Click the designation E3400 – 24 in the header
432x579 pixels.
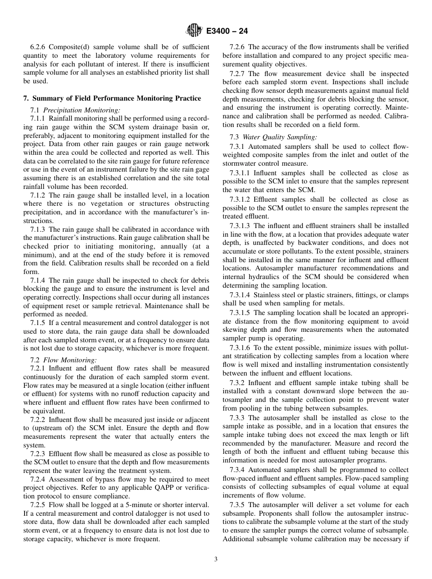pyautogui.click(x=226, y=31)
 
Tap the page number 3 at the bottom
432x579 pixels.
pyautogui.click(x=216, y=559)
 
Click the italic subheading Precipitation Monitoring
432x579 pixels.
pyautogui.click(x=82, y=110)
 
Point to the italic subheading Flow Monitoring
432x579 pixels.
pyautogui.click(x=70, y=360)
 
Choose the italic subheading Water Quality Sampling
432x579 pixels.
pyautogui.click(x=280, y=137)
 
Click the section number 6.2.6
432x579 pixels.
pyautogui.click(x=38, y=47)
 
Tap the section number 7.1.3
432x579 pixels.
pyautogui.click(x=38, y=229)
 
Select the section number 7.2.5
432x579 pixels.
pyautogui.click(x=38, y=505)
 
